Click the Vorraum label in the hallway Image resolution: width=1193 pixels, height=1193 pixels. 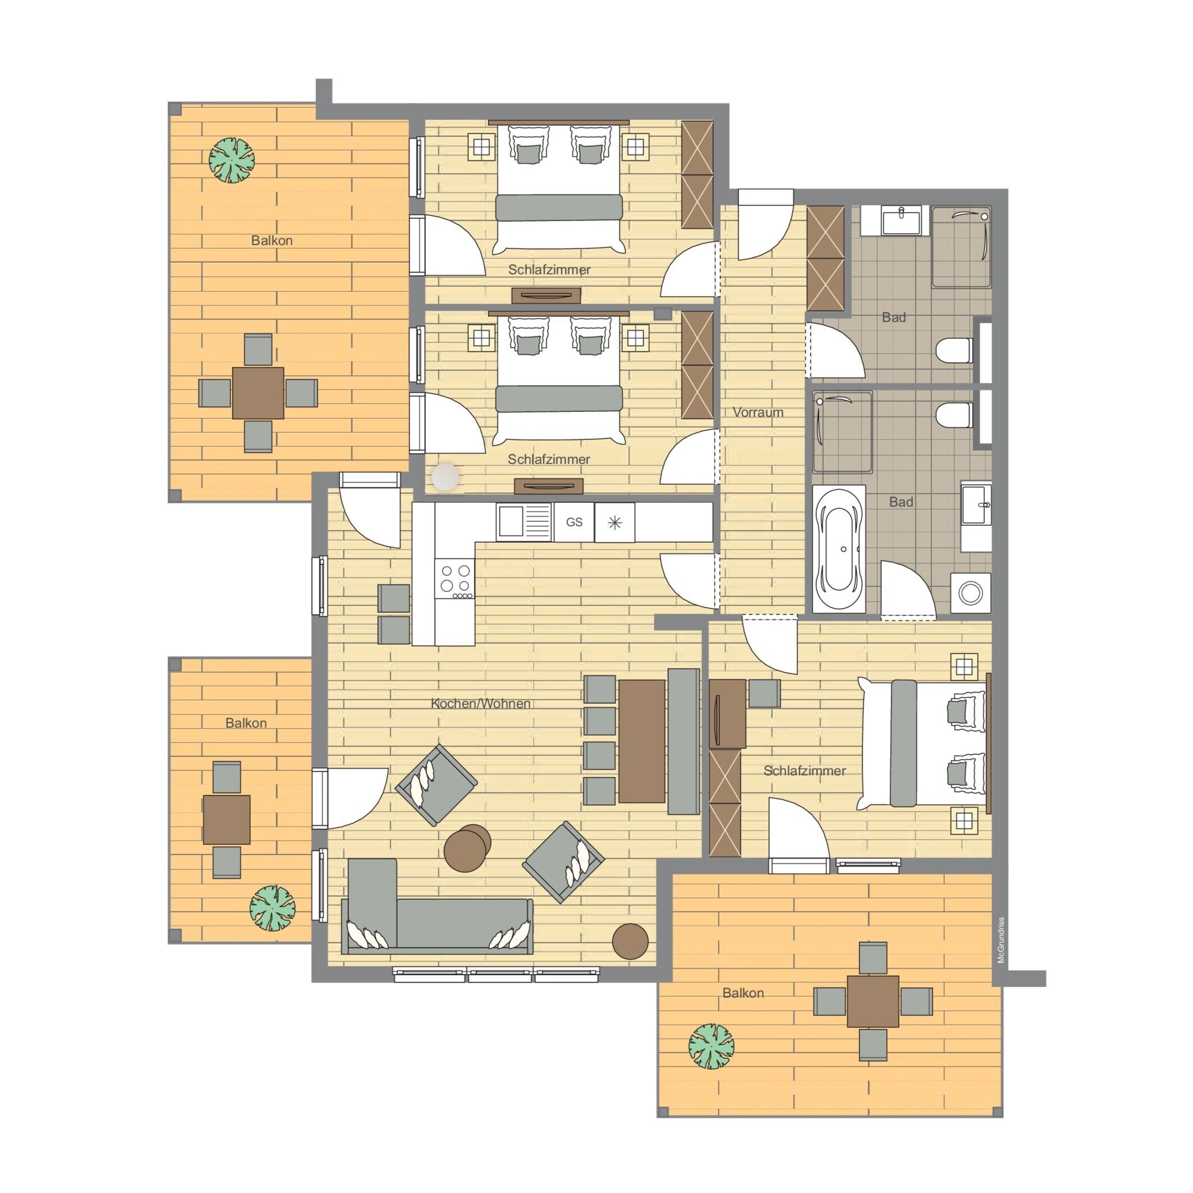(758, 412)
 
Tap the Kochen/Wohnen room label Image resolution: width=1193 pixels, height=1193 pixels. (480, 703)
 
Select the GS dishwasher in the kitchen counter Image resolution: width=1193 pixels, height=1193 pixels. (574, 522)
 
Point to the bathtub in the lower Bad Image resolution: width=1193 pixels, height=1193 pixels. (838, 549)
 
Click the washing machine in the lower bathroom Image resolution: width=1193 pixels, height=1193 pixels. (971, 593)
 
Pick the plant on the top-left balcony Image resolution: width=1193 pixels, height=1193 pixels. (232, 160)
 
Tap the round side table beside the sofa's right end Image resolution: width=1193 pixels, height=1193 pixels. (631, 941)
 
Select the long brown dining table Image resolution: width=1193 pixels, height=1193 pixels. (642, 741)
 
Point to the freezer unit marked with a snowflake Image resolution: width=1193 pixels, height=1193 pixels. (614, 522)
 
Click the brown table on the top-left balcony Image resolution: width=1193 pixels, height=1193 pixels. (258, 393)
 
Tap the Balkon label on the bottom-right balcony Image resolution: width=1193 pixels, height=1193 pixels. (743, 993)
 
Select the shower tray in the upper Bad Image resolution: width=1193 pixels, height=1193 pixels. (961, 247)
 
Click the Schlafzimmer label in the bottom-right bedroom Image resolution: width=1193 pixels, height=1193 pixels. (805, 770)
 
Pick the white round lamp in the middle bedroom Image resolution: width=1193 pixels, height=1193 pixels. (446, 478)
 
